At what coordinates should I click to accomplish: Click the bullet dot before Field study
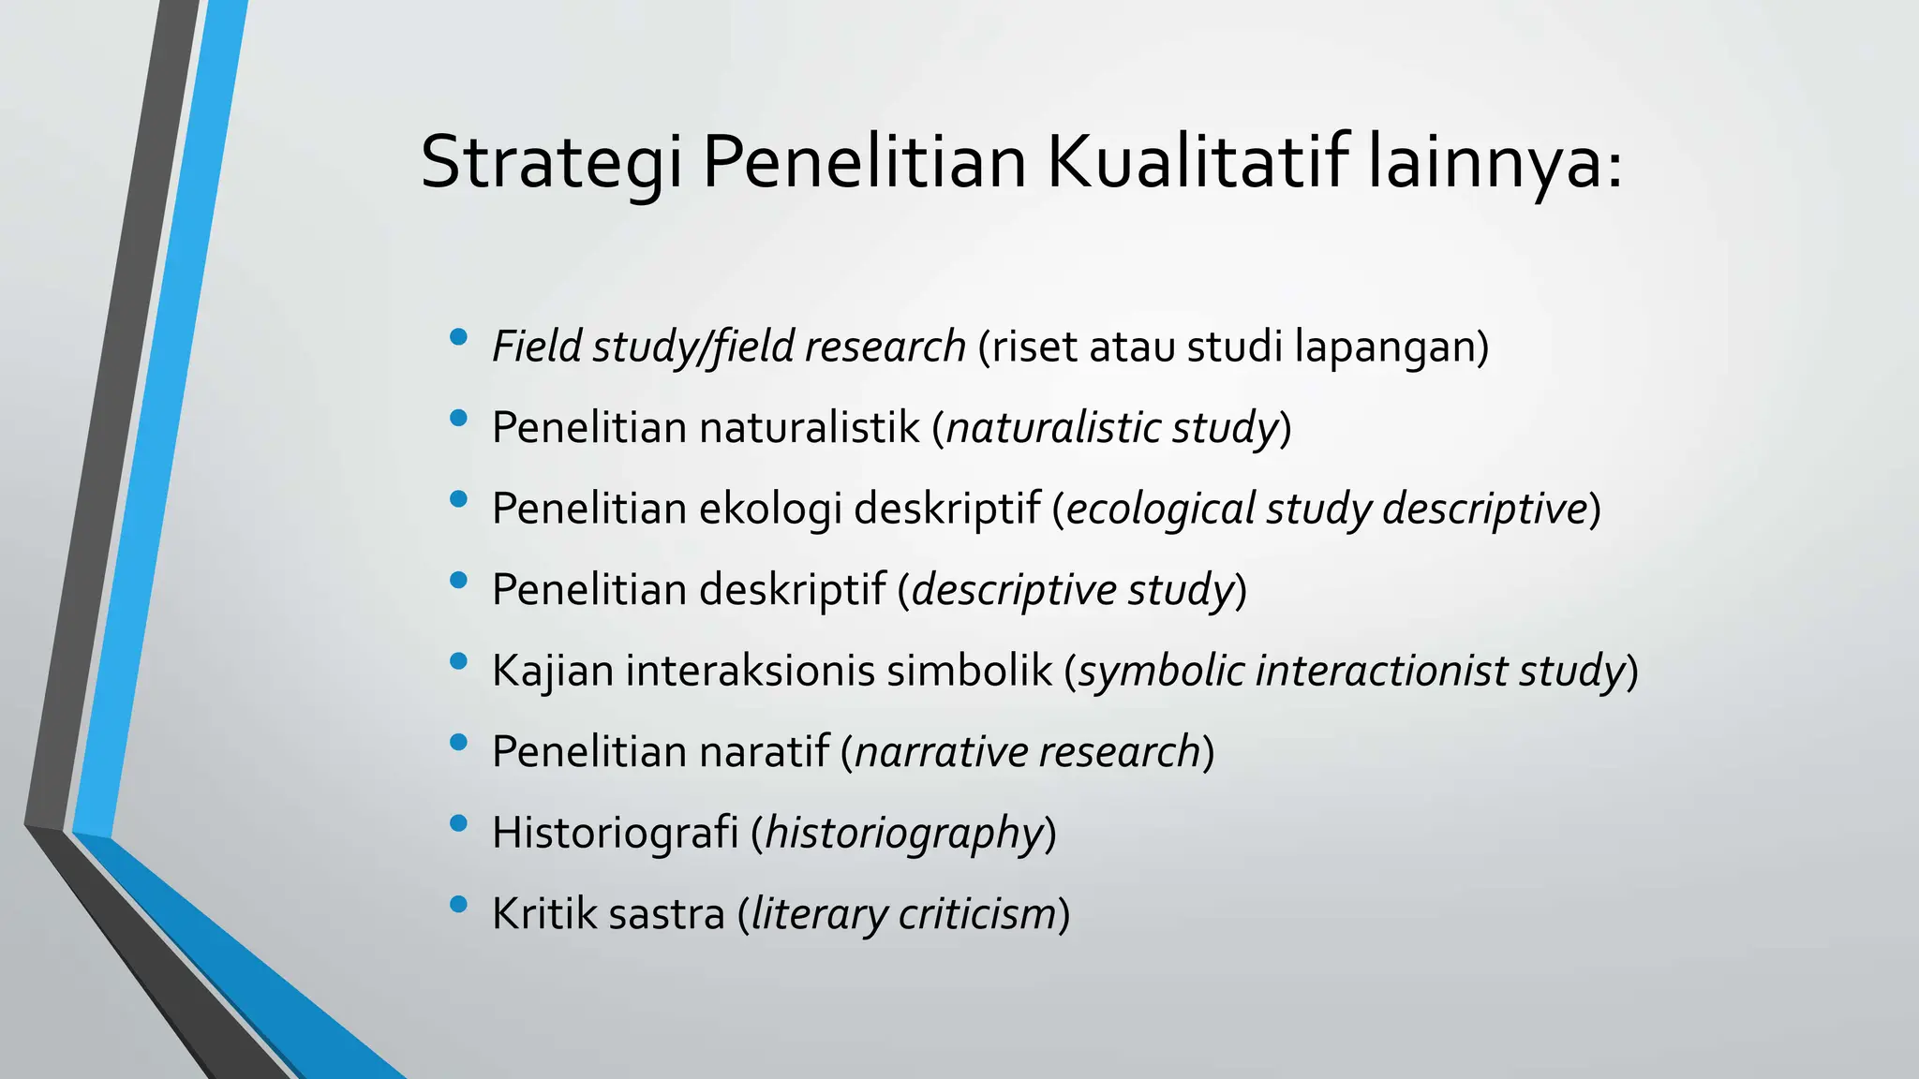[458, 337]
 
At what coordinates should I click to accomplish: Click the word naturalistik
[810, 428]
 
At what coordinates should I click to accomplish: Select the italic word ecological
[1160, 510]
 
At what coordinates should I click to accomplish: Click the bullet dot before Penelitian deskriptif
[458, 581]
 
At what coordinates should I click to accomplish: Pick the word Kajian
[553, 672]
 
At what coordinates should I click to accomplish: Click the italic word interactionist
[1381, 672]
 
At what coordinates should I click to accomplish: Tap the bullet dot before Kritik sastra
[458, 905]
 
